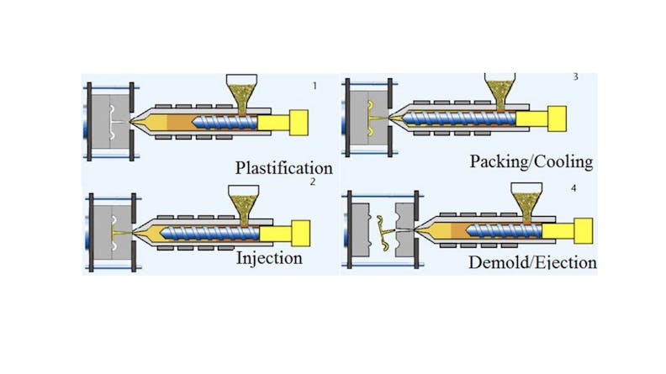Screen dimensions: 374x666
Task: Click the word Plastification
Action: (x=283, y=167)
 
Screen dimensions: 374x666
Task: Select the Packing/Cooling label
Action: (x=531, y=160)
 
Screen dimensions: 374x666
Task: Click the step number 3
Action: (x=575, y=78)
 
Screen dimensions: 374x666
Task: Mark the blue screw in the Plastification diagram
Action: (x=225, y=123)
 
